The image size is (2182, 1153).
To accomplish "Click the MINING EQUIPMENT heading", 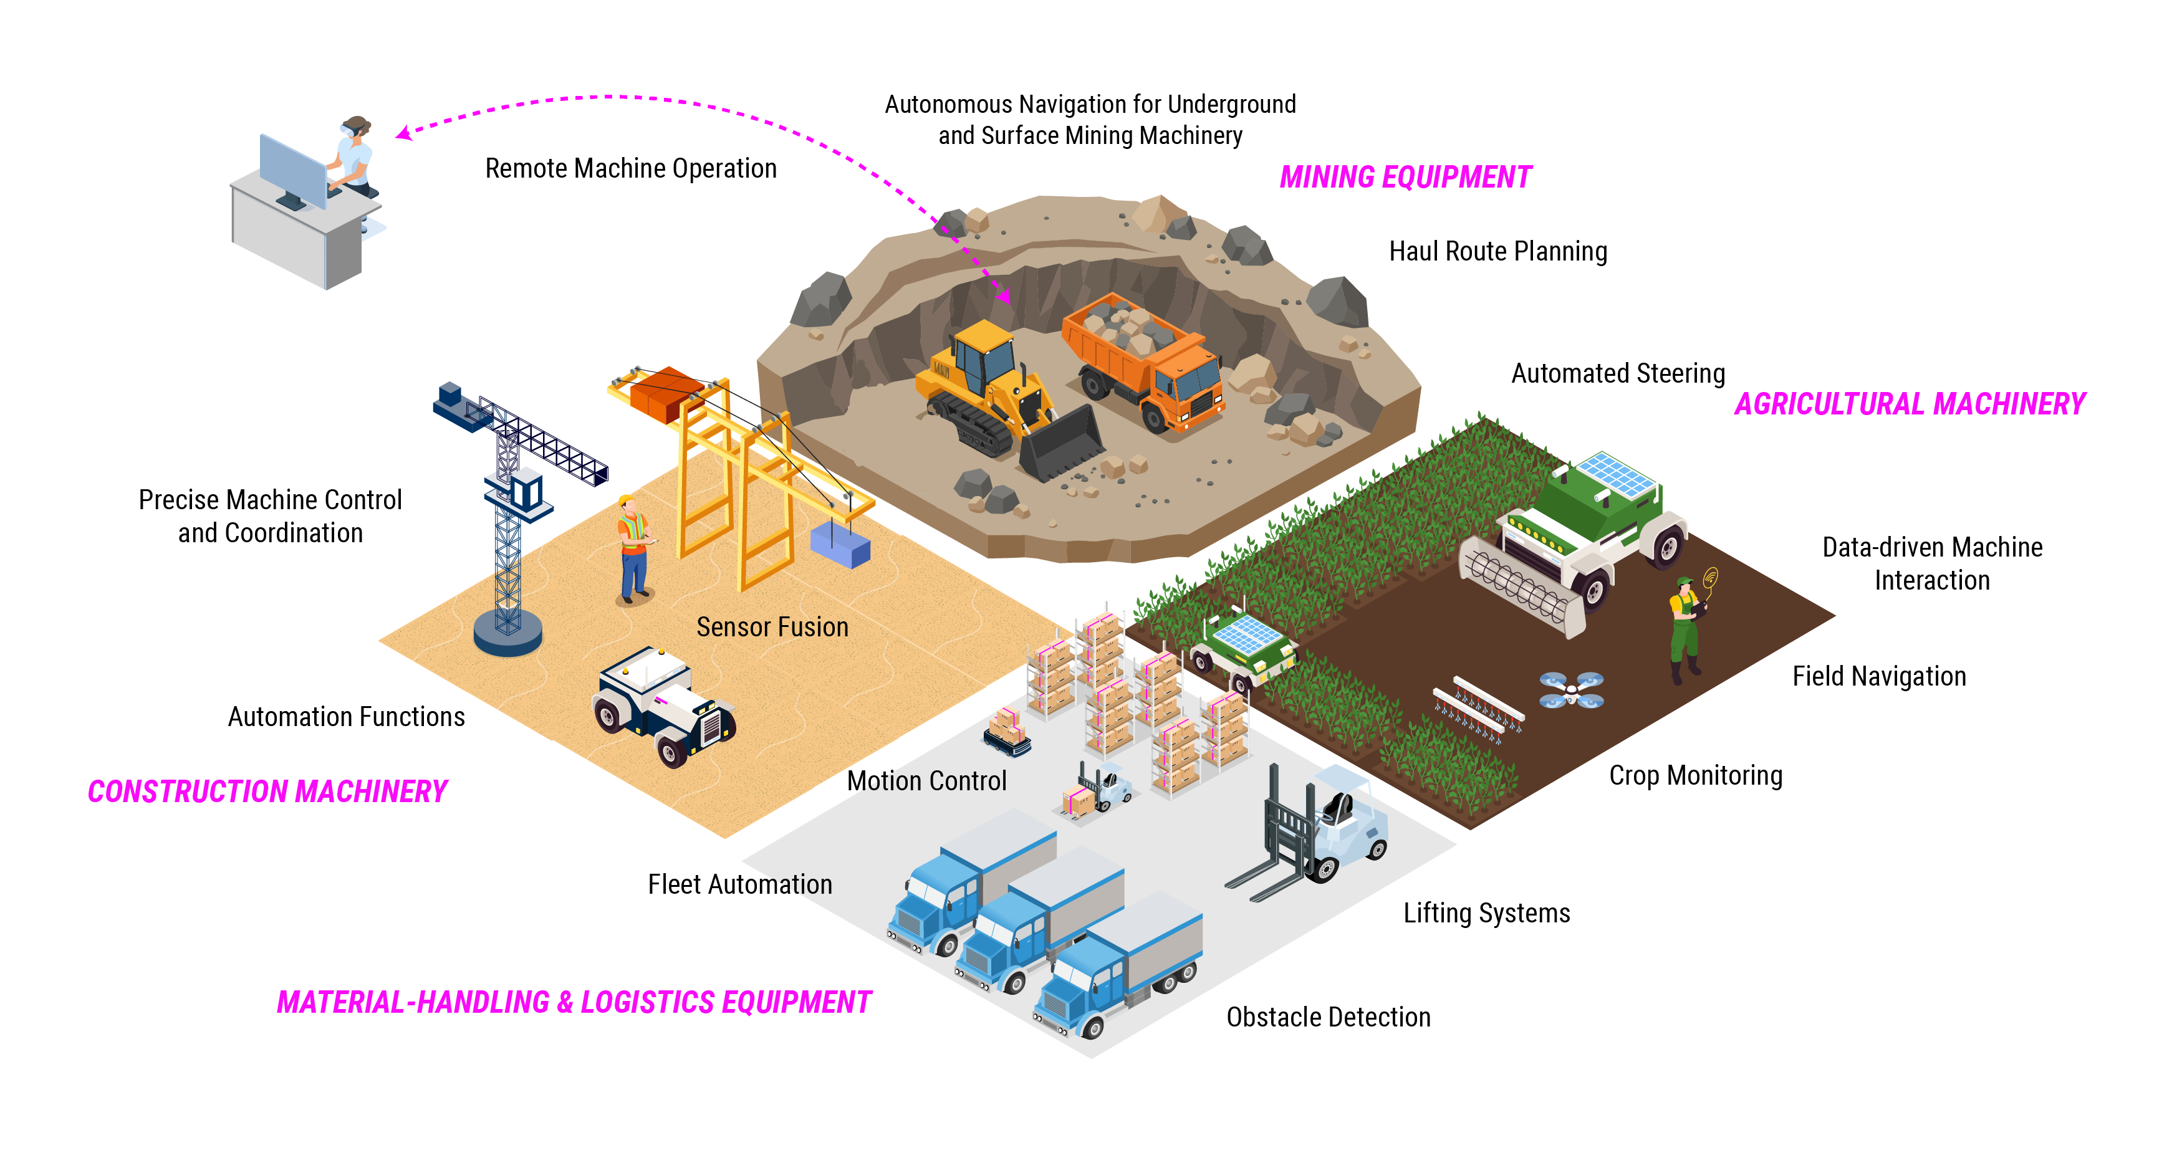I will tap(1405, 177).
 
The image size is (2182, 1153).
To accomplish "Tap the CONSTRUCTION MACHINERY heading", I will tap(267, 792).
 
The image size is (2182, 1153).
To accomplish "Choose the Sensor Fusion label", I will tap(772, 627).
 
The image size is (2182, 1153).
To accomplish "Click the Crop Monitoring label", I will tap(1695, 775).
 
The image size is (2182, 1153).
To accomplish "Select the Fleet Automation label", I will tap(739, 884).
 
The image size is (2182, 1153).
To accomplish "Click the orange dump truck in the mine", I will tap(1145, 360).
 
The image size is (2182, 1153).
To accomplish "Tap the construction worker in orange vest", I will tap(633, 548).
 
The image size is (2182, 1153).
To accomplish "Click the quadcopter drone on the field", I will tap(1571, 690).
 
